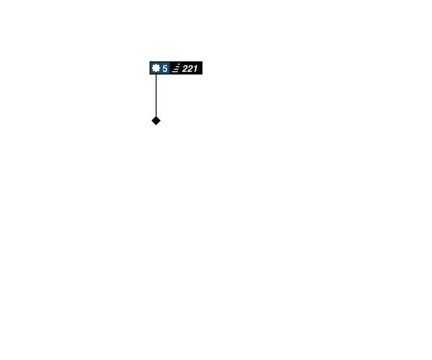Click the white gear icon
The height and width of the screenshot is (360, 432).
156,68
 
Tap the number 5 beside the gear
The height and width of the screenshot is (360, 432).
165,68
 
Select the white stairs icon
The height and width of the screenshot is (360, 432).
176,68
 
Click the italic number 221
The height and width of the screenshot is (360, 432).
190,68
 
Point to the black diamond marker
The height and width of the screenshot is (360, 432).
156,121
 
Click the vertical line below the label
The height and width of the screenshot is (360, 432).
156,95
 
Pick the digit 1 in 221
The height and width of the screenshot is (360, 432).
195,68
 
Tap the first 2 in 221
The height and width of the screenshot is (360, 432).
185,68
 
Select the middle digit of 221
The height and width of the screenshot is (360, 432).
190,68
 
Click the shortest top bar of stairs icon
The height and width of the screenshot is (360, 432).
179,64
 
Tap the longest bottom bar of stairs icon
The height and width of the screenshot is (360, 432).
175,72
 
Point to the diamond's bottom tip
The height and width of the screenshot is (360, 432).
156,125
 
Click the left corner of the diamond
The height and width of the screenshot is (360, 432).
151,121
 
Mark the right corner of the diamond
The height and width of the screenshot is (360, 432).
161,121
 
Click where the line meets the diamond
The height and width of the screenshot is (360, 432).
156,117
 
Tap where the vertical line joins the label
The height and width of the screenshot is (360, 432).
156,74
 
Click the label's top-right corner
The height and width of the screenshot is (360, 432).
202,61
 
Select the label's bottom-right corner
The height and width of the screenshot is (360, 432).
202,74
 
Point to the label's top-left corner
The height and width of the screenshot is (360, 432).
150,61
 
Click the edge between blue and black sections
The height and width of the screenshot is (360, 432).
170,68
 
